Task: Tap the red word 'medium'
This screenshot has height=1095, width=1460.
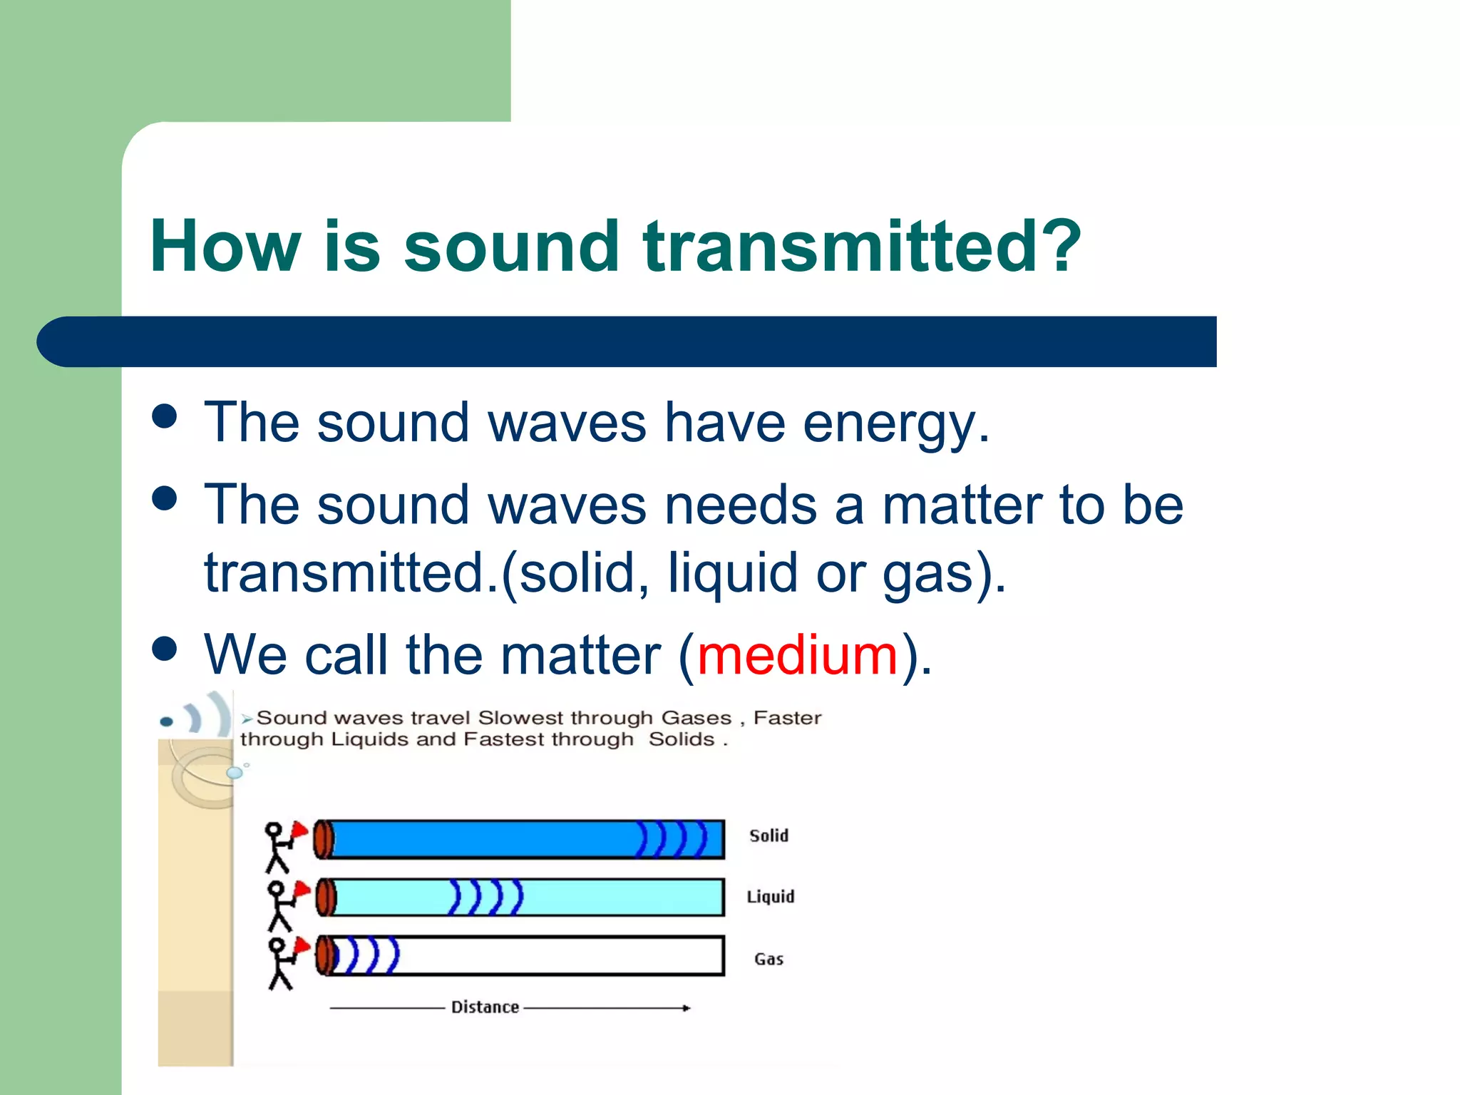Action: click(797, 654)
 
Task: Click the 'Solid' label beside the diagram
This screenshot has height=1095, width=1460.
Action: click(768, 836)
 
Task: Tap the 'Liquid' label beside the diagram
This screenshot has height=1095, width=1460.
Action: click(770, 897)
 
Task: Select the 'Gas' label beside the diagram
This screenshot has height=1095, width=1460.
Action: click(768, 959)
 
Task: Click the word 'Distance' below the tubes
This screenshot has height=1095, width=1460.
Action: click(485, 1007)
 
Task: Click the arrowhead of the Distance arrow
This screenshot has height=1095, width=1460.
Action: click(687, 1007)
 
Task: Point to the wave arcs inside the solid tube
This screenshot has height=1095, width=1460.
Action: click(671, 838)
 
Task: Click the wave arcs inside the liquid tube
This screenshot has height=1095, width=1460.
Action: click(485, 898)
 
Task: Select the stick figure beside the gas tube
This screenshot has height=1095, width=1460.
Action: click(281, 962)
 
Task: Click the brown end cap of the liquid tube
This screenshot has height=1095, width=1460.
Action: click(325, 898)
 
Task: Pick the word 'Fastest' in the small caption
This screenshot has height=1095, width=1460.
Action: click(504, 739)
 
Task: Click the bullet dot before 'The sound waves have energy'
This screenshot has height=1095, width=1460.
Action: click(165, 416)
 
